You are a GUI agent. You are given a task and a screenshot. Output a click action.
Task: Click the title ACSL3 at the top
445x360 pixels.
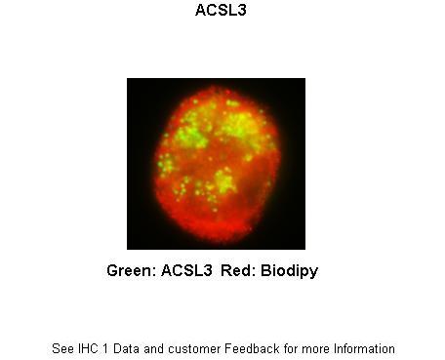click(217, 13)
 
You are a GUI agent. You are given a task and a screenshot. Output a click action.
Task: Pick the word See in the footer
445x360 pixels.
click(62, 348)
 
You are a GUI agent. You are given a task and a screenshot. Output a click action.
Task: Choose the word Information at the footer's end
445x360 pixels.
click(363, 348)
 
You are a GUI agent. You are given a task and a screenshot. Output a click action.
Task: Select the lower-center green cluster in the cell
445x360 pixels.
click(224, 180)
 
